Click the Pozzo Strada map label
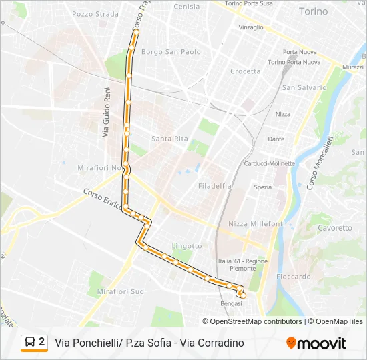[95, 13]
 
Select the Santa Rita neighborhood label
[169, 139]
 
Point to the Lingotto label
[187, 246]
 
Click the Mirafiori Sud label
[120, 291]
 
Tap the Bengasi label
[231, 303]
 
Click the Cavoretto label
[334, 228]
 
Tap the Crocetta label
[245, 71]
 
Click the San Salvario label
[304, 87]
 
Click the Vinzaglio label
[251, 27]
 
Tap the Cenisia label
[186, 7]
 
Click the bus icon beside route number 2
[30, 342]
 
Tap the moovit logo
[316, 343]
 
